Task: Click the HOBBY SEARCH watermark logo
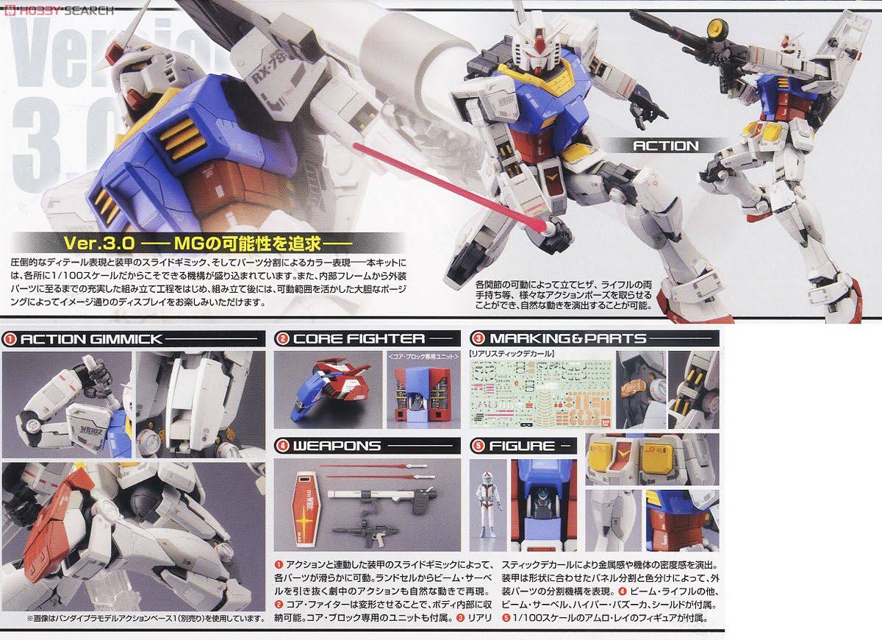pyautogui.click(x=59, y=10)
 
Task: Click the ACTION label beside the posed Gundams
pyautogui.click(x=665, y=146)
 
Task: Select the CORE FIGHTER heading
pyautogui.click(x=359, y=339)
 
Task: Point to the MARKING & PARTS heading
pyautogui.click(x=567, y=339)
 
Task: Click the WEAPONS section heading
pyautogui.click(x=337, y=446)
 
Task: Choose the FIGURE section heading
pyautogui.click(x=522, y=446)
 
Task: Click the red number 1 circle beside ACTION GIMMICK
pyautogui.click(x=10, y=339)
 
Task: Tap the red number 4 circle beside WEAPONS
pyautogui.click(x=283, y=446)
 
